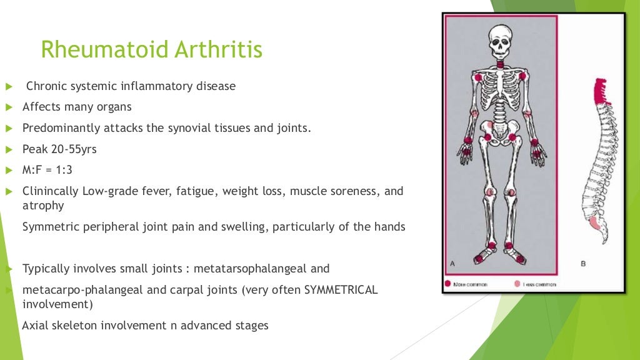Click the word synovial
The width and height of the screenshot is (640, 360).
(x=191, y=128)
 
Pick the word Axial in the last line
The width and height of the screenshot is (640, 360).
(x=36, y=326)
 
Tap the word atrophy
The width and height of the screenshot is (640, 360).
(x=42, y=205)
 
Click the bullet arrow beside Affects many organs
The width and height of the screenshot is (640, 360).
(x=9, y=107)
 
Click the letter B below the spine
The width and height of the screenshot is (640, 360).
(x=582, y=263)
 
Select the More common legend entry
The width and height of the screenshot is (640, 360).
(x=469, y=284)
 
